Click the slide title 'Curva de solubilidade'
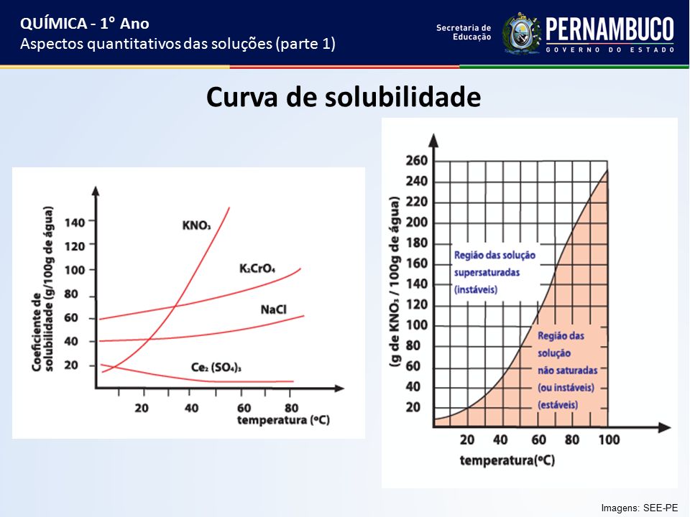[344, 97]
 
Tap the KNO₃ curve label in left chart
[196, 225]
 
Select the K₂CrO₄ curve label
[257, 268]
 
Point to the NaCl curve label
[273, 309]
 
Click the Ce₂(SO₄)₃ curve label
[216, 367]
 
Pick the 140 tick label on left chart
[74, 223]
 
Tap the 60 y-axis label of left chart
[71, 317]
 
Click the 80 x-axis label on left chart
[291, 408]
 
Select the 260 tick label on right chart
[416, 160]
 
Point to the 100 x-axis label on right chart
[609, 439]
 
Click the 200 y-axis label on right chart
[416, 222]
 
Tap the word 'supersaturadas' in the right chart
[487, 273]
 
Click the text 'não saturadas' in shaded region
[567, 371]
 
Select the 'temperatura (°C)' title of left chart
[283, 420]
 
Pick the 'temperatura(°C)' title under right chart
[507, 460]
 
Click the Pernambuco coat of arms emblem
[522, 34]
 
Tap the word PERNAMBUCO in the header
[610, 29]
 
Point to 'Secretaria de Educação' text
[464, 32]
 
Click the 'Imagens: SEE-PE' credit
[640, 508]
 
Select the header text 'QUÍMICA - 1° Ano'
[85, 23]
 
